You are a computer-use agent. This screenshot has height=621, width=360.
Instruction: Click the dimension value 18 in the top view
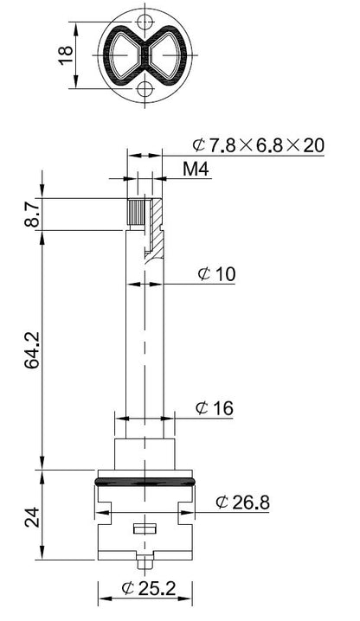[67, 55]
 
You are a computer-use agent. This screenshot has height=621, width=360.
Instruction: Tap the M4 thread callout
[196, 170]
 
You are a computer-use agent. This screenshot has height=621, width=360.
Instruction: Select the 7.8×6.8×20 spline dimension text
[259, 145]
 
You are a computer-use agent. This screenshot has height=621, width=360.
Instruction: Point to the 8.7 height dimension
[32, 214]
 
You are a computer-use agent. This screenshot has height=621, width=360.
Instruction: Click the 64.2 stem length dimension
[32, 350]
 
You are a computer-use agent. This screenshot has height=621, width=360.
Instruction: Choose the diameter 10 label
[216, 273]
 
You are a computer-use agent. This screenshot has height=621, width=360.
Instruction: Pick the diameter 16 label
[215, 408]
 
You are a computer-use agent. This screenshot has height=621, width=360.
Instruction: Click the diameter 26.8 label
[242, 503]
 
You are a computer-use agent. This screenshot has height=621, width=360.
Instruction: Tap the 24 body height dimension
[32, 516]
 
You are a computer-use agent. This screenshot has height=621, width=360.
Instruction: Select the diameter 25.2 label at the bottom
[149, 588]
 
